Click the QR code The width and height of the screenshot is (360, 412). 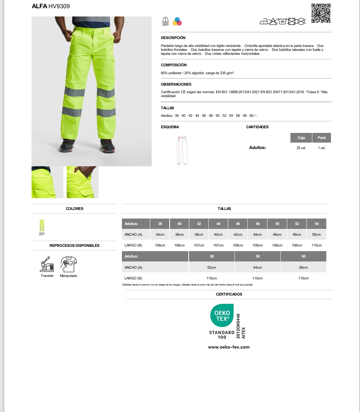point(321,13)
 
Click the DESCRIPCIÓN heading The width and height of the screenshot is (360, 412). point(173,38)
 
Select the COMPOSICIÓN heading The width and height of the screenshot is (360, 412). point(174,65)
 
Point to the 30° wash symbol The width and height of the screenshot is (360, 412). point(283,21)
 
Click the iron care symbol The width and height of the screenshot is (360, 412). point(264,22)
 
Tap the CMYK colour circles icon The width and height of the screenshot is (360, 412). point(177,21)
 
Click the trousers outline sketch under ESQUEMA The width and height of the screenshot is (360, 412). point(183,150)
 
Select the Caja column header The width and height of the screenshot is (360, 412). point(301,138)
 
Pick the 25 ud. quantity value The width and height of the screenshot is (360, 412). point(301,148)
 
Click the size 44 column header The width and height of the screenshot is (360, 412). point(218,224)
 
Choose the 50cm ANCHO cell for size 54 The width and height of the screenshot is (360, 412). point(317,234)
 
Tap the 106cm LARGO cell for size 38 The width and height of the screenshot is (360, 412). point(160,245)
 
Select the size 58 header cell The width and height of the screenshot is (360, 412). point(257,257)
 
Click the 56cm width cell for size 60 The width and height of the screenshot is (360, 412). point(303,267)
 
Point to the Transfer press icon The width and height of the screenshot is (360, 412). point(47,264)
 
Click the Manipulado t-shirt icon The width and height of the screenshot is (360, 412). point(69,264)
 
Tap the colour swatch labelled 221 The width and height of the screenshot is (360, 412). point(42,225)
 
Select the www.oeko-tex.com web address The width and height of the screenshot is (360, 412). point(229,347)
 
